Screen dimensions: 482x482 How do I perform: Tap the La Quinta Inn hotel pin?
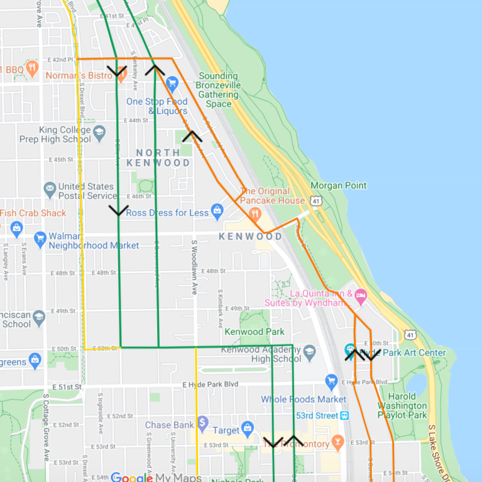pos(361,295)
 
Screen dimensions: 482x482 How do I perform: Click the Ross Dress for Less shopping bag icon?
pos(218,211)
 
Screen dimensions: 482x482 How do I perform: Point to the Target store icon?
pos(247,429)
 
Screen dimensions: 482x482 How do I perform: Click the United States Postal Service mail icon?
pos(50,190)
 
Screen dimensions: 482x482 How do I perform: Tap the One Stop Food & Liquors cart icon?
pos(172,83)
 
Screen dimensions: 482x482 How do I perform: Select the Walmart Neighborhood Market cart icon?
pos(40,237)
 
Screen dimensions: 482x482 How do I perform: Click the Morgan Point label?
pos(339,186)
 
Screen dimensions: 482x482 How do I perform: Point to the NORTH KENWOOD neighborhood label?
pos(158,158)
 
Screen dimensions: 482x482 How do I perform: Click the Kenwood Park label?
pos(254,331)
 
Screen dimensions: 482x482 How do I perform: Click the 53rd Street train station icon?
pos(345,416)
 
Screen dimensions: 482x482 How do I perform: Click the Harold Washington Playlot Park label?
pos(402,405)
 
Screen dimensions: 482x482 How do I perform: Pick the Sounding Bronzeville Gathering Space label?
pos(219,90)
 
